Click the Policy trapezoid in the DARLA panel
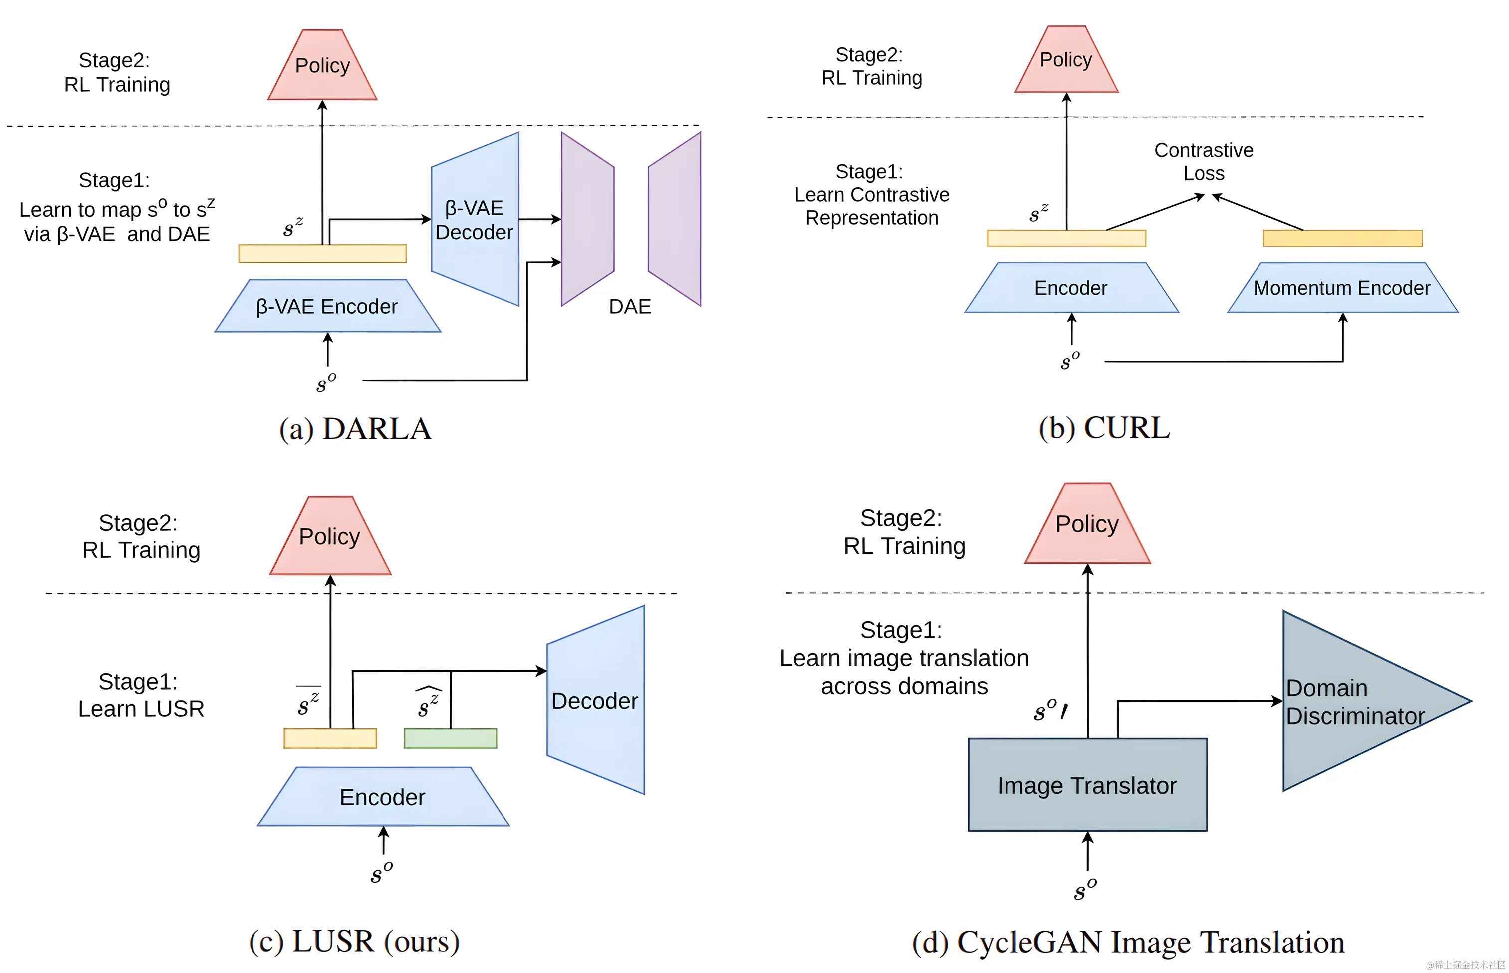click(x=322, y=66)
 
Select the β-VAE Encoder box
click(x=327, y=306)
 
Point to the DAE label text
click(x=629, y=307)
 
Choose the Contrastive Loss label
click(x=1203, y=162)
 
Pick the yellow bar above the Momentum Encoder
click(x=1342, y=238)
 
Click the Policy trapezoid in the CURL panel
click(x=1066, y=61)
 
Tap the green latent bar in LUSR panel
click(x=450, y=738)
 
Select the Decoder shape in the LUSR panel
click(x=595, y=700)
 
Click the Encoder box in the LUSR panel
click(x=383, y=797)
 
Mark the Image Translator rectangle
click(x=1087, y=785)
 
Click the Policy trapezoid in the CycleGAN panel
click(x=1087, y=525)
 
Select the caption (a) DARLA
click(x=355, y=429)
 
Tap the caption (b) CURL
click(x=1104, y=428)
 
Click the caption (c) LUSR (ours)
click(x=354, y=942)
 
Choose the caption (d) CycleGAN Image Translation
click(x=1128, y=942)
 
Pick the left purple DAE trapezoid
click(x=587, y=219)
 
